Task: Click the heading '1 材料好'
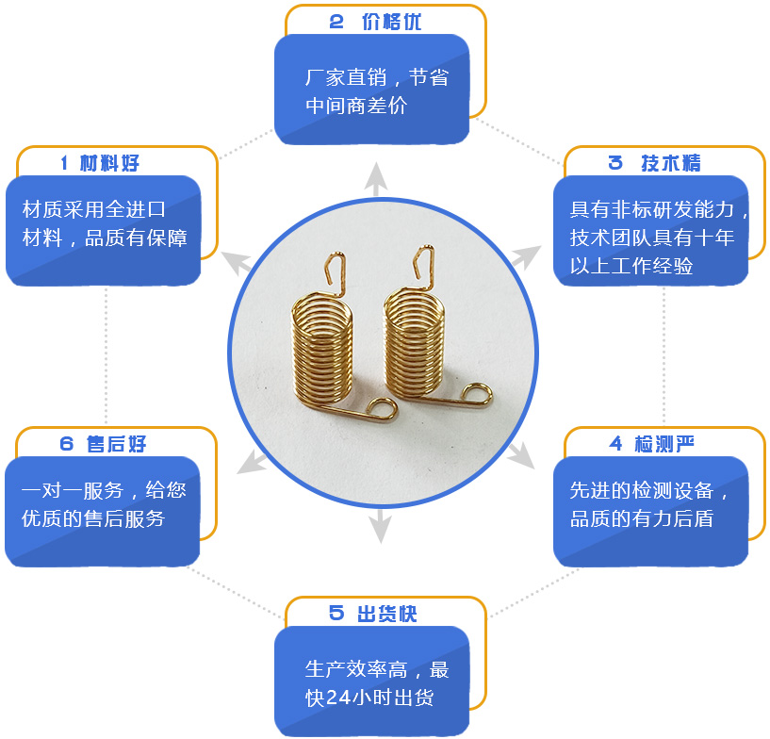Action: (x=100, y=163)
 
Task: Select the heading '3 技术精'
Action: (x=655, y=163)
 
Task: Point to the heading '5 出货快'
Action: (x=373, y=614)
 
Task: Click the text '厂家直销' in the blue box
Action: (x=340, y=77)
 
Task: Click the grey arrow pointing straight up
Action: (x=376, y=179)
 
